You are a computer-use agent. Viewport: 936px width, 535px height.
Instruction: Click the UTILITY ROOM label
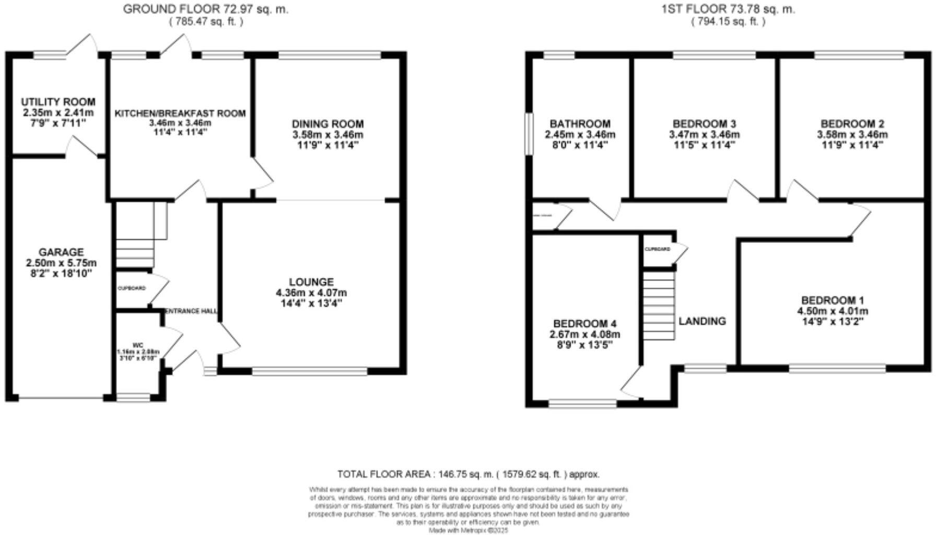pos(58,102)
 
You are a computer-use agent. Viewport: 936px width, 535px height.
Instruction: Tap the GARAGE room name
pos(61,252)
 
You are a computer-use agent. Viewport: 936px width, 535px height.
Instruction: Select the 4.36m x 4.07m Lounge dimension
pos(311,293)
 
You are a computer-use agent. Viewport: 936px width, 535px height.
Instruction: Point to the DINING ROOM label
pos(327,124)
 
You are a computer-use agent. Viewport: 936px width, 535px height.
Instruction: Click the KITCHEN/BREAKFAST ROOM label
pos(180,113)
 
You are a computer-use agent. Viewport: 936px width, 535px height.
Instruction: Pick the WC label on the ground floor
pos(138,345)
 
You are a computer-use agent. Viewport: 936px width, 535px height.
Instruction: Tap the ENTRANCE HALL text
pos(191,311)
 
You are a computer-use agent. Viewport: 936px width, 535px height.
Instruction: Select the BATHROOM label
pos(580,124)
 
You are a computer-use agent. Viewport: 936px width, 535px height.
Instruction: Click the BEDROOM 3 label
pos(704,124)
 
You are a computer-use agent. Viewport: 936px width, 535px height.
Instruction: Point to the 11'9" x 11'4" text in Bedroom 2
pos(852,145)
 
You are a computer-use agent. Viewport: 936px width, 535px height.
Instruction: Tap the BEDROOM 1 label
pos(833,300)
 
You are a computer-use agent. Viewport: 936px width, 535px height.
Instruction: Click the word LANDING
pos(702,321)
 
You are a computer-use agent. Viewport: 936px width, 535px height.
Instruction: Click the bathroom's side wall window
pos(529,134)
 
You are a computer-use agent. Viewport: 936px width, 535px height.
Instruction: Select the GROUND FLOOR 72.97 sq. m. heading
pos(205,9)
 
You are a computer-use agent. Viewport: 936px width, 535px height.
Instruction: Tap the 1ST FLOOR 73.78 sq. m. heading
pos(728,9)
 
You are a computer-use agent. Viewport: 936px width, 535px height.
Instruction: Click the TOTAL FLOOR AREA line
pos(468,474)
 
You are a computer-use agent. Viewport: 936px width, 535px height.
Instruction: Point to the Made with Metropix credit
pos(468,530)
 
